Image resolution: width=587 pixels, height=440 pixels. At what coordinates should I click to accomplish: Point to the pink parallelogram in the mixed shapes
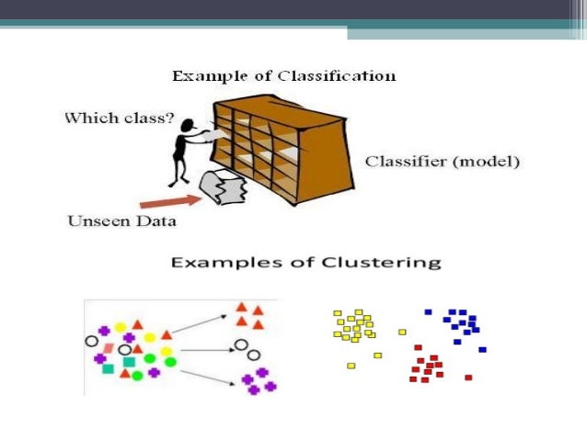[x=109, y=347]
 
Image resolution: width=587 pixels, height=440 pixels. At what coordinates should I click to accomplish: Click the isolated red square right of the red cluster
[x=468, y=377]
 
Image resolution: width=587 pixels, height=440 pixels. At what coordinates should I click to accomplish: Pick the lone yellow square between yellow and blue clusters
[x=402, y=332]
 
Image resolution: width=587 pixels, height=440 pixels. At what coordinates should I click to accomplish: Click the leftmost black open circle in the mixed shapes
[x=91, y=341]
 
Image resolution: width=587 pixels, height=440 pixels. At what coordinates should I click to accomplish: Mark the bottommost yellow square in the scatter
[x=351, y=366]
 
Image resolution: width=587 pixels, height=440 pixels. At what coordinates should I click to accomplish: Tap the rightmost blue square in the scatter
[x=482, y=349]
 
